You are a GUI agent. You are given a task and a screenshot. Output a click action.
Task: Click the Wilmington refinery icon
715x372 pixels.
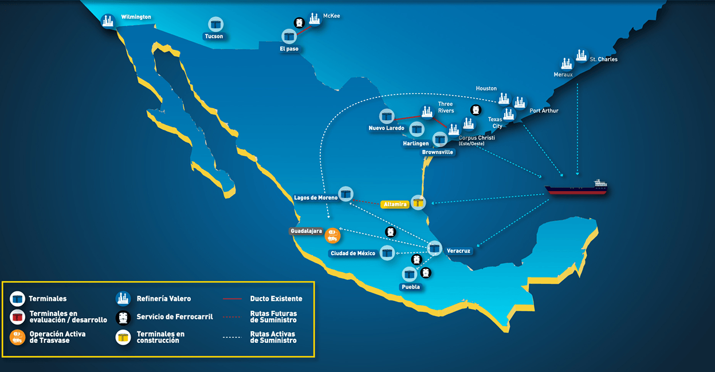coord(108,21)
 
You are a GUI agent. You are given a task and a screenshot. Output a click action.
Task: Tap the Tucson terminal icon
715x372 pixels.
coord(215,25)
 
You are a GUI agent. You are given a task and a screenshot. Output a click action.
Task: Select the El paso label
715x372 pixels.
coord(289,49)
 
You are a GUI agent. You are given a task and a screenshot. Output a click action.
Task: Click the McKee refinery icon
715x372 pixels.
coord(314,19)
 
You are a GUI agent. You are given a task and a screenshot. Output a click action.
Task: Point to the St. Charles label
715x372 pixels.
coord(603,60)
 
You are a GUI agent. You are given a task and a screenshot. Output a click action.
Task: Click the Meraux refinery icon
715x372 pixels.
coord(567,64)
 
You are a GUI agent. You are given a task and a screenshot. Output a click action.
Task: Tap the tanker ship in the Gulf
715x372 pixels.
coord(576,187)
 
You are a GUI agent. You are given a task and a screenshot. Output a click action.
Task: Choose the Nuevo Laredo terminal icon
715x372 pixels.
coord(387,116)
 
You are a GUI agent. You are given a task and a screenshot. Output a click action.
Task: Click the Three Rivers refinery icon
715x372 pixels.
coord(426,111)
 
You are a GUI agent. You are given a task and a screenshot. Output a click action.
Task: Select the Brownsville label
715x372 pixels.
coord(437,152)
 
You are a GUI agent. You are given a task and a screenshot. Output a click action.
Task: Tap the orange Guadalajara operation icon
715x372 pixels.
coord(332,235)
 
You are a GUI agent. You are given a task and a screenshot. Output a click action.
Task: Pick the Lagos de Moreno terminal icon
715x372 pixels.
coord(345,193)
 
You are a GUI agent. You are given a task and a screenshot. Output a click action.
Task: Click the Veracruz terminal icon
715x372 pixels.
coord(435,248)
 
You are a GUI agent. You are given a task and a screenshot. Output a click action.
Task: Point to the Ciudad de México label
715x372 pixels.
coord(352,254)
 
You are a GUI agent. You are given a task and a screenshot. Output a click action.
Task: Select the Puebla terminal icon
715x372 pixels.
coord(409,274)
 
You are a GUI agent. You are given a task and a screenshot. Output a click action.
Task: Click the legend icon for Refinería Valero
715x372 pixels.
coord(123,298)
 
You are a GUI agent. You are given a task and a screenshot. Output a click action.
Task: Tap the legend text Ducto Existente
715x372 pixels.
coord(276,299)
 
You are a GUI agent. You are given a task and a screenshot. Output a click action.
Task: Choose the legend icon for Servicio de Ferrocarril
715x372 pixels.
coord(123,317)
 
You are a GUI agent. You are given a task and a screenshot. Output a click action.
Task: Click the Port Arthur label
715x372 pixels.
coord(544,111)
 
